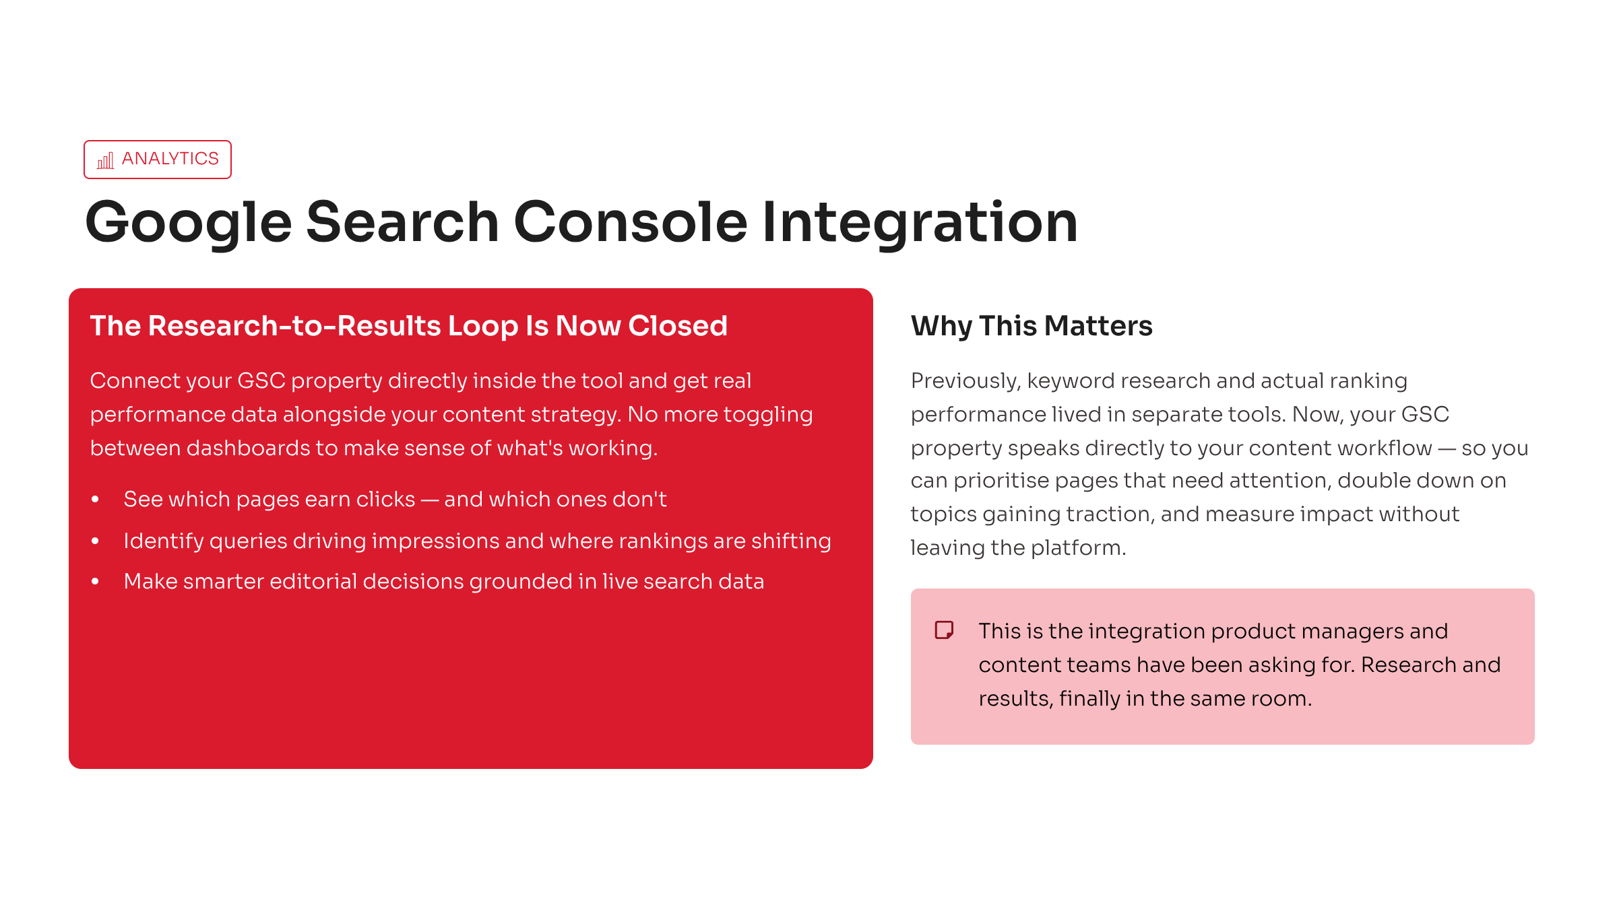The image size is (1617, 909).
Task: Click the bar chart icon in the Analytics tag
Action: [106, 160]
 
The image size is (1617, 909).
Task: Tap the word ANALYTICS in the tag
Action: [170, 159]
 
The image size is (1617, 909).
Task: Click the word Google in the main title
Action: [189, 224]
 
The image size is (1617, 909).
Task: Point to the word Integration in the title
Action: [920, 223]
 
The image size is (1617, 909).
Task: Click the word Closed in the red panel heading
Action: [678, 326]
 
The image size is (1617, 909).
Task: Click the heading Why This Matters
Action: [1032, 327]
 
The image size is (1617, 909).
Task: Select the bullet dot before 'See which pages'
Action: [96, 499]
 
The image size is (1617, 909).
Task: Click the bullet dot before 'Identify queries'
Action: [96, 541]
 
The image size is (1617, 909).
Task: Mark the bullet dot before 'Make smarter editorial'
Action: [96, 581]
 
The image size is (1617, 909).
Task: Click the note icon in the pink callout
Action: [945, 630]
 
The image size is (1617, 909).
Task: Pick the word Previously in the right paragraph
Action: [966, 382]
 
